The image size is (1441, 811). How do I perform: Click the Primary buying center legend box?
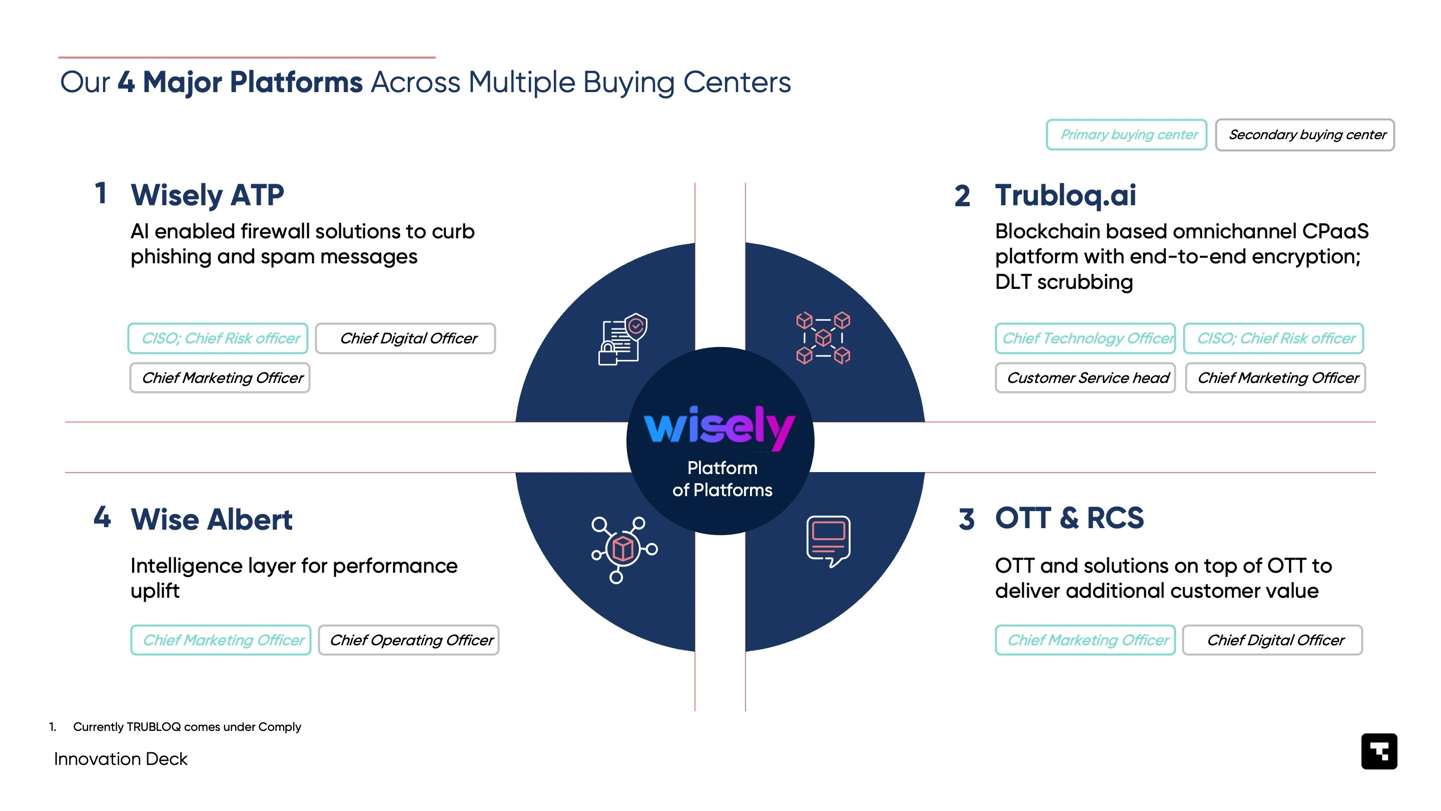tap(1126, 135)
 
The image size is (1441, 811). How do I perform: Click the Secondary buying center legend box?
tap(1304, 135)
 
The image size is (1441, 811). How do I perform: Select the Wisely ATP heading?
tap(208, 195)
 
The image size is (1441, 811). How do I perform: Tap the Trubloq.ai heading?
tap(1065, 195)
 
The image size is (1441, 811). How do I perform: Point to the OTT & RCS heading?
tap(1069, 518)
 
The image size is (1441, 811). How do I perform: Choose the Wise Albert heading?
tap(212, 520)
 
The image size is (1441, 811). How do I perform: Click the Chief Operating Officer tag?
tap(408, 640)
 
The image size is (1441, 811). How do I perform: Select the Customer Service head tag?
tap(1085, 378)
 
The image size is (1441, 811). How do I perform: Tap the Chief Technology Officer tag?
tap(1085, 338)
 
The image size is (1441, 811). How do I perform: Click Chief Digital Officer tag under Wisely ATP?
tap(406, 338)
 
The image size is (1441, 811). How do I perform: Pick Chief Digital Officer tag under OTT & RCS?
tap(1272, 640)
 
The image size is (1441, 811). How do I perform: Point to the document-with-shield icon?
tap(622, 339)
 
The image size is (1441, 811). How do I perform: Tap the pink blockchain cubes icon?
tap(823, 338)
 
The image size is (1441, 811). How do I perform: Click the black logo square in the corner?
tap(1379, 751)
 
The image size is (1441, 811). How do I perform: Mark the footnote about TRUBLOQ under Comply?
tap(175, 726)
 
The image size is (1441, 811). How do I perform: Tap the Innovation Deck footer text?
tap(121, 759)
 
